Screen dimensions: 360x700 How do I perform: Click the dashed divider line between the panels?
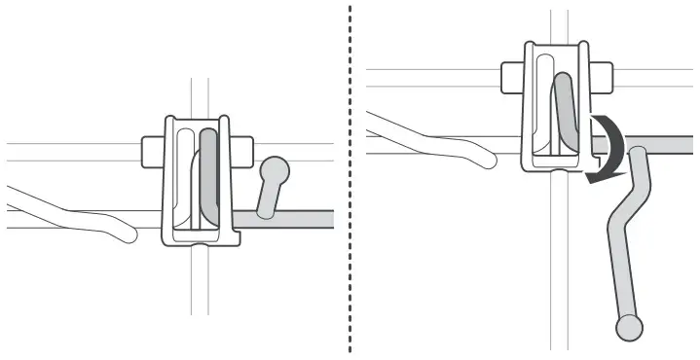pyautogui.click(x=350, y=195)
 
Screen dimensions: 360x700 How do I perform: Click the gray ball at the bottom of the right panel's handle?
pyautogui.click(x=630, y=327)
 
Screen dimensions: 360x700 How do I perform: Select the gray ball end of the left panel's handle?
pyautogui.click(x=276, y=172)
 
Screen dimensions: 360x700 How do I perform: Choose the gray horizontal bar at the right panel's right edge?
pyautogui.click(x=672, y=145)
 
